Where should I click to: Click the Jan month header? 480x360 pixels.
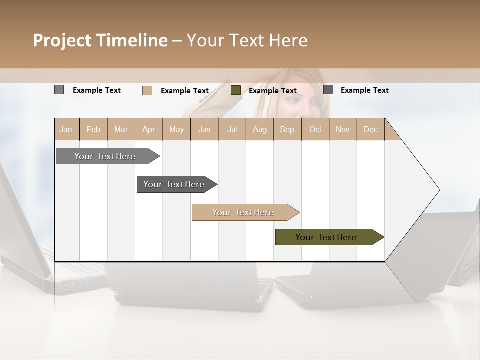pos(66,129)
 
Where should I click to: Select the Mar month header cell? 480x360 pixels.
pos(121,129)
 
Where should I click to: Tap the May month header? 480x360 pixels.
pos(176,129)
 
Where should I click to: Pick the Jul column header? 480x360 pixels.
pos(232,129)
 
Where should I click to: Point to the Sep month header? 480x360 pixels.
pos(287,129)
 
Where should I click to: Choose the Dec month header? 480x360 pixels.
pos(370,129)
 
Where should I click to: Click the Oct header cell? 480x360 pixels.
pos(315,129)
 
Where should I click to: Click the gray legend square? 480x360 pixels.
pos(59,90)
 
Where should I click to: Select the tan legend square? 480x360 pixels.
pos(147,90)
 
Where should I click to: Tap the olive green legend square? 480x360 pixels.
pos(236,90)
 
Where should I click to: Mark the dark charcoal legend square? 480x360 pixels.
pos(328,90)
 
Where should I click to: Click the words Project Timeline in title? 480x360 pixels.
pos(100,40)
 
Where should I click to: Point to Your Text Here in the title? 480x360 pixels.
pos(247,40)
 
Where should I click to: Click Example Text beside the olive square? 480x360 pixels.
pos(272,91)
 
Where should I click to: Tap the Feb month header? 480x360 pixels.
pos(93,129)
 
